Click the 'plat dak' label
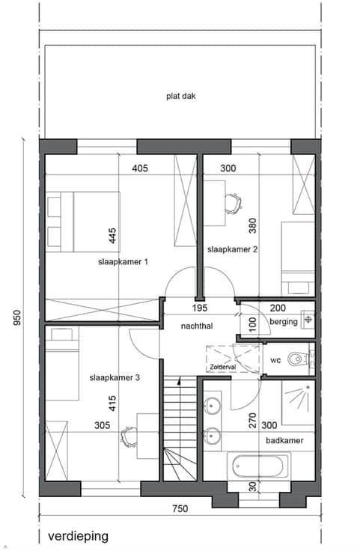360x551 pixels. coord(181,96)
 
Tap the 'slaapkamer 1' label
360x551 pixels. coord(123,262)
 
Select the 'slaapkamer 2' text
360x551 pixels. coord(232,249)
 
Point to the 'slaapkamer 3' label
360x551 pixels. coord(115,378)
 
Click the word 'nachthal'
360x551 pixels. coord(197,326)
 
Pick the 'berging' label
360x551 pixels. coord(284,321)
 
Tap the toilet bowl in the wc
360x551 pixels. coord(295,359)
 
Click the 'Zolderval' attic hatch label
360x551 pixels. coord(223,368)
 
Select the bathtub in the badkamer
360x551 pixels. coord(260,466)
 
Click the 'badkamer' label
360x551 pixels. coord(284,440)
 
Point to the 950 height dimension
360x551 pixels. coord(17,317)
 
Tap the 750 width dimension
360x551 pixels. coord(180,508)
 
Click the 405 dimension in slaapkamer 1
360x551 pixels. coord(140,168)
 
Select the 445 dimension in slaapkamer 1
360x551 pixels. coord(112,236)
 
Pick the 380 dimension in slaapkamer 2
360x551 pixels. coord(252,225)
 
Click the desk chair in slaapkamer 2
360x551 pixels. coord(234,204)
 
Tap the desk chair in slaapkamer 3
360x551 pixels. coord(129,436)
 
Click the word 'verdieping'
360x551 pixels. coord(78,537)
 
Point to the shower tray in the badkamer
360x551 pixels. coord(298,402)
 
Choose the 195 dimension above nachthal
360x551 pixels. coord(200,308)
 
